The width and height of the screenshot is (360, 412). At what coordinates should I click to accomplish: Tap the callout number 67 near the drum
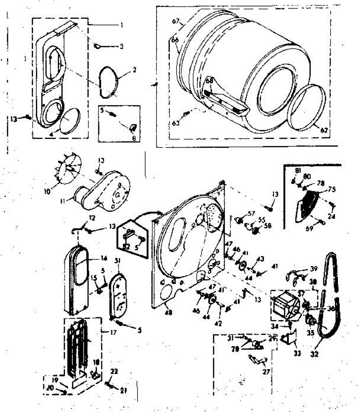click(x=176, y=22)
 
